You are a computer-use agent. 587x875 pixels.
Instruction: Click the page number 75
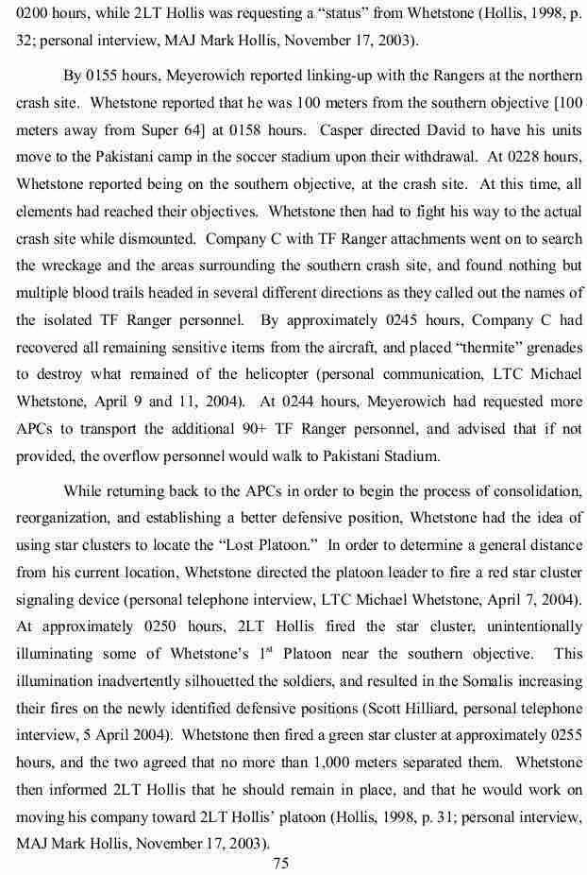[x=279, y=862]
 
